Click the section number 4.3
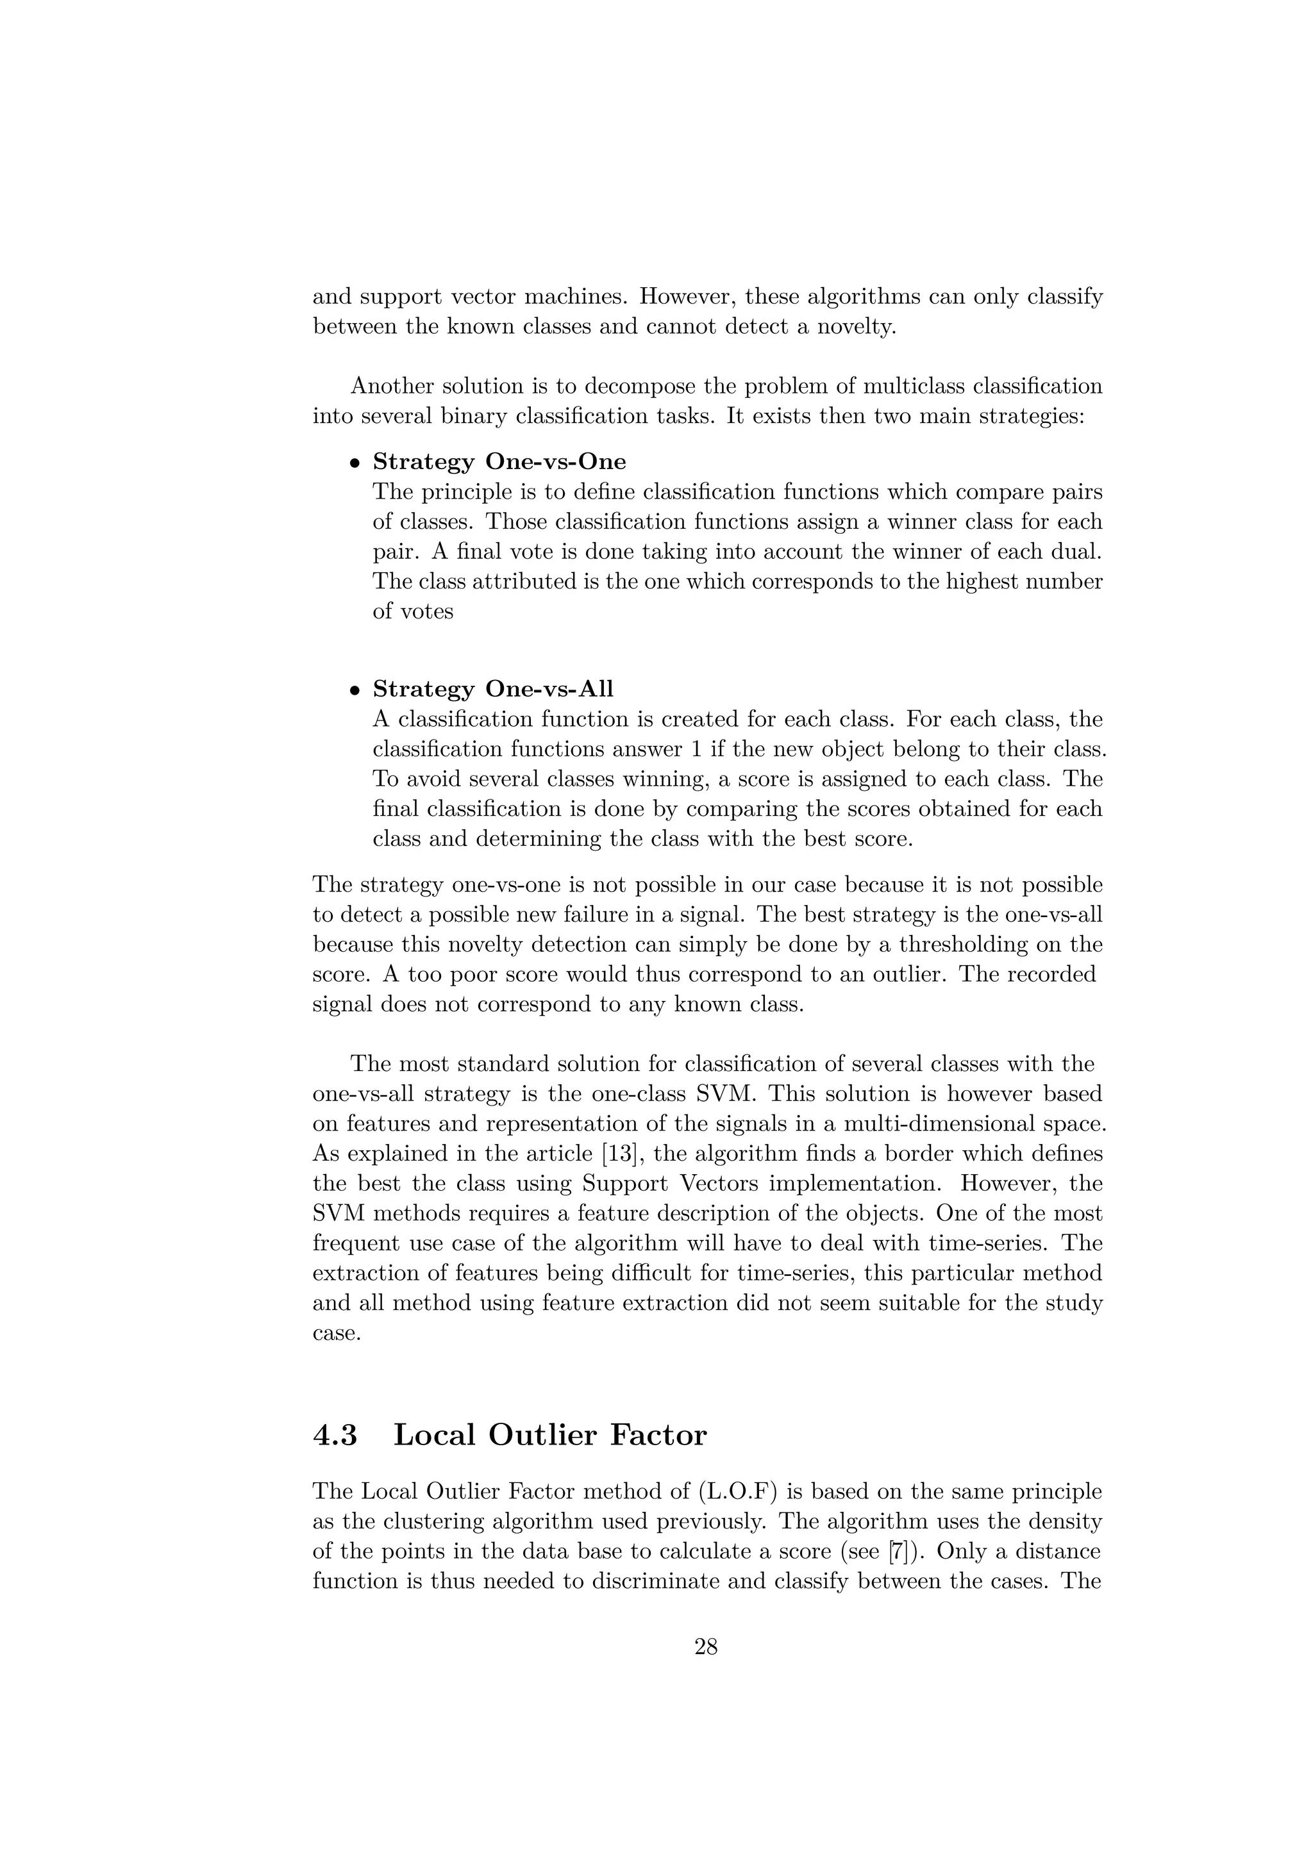pos(335,1435)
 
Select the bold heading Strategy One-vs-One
pos(499,461)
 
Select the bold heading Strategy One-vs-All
pos(492,689)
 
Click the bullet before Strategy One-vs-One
pos(354,464)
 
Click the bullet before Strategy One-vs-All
pos(354,691)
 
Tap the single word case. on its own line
pos(335,1334)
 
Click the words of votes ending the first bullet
pos(412,612)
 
